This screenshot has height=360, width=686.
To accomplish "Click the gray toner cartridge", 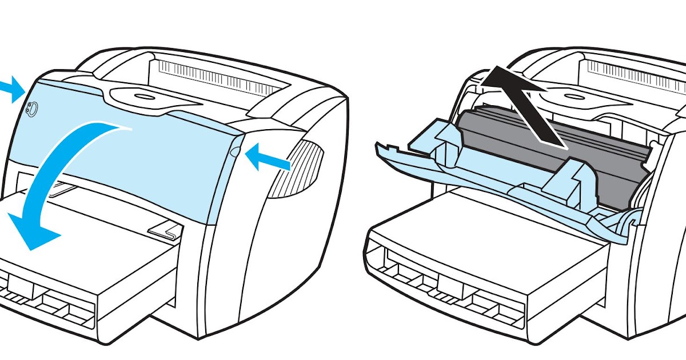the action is pyautogui.click(x=549, y=149).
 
